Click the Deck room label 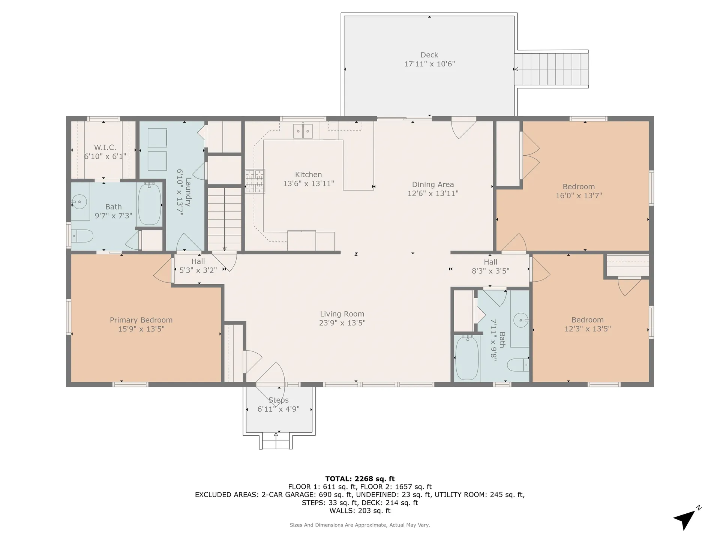pos(429,55)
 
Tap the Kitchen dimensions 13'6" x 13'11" pos(309,184)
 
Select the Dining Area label pos(433,184)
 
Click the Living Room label pos(342,314)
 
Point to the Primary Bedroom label pos(141,320)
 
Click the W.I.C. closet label pos(105,148)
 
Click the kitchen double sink pos(303,131)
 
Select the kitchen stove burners pos(255,181)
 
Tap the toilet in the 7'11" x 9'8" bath pos(518,365)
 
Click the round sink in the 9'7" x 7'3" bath pos(79,202)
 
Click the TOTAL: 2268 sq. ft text pos(360,479)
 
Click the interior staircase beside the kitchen pos(225,219)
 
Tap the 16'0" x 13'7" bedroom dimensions pos(579,196)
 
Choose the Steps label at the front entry pos(279,400)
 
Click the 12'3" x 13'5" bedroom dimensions pos(588,329)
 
